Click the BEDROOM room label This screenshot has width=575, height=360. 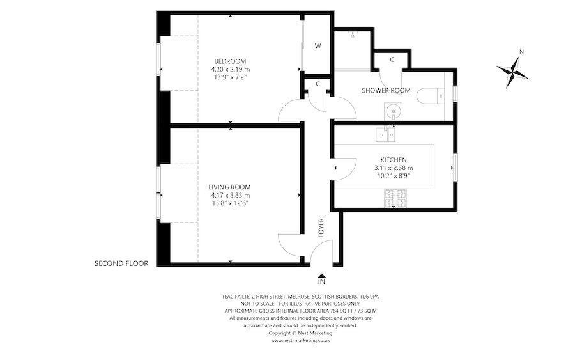click(230, 61)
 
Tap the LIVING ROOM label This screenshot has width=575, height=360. click(230, 187)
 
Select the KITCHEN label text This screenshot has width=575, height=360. click(394, 160)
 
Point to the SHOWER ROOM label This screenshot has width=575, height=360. click(386, 90)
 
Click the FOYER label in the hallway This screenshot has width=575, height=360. click(321, 227)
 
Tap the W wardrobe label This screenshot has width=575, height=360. click(317, 46)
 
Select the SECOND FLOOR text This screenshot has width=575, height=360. click(121, 263)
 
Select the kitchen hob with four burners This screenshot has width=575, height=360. click(394, 202)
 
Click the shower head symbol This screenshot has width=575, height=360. click(351, 36)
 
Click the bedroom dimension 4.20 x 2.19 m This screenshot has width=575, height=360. click(230, 69)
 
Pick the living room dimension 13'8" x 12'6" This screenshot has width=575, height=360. click(230, 203)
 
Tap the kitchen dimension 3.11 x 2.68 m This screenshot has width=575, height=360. click(394, 168)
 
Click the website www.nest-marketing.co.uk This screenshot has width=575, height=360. click(300, 341)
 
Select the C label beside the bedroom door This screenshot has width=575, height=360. click(317, 84)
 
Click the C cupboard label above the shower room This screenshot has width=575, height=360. click(391, 60)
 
